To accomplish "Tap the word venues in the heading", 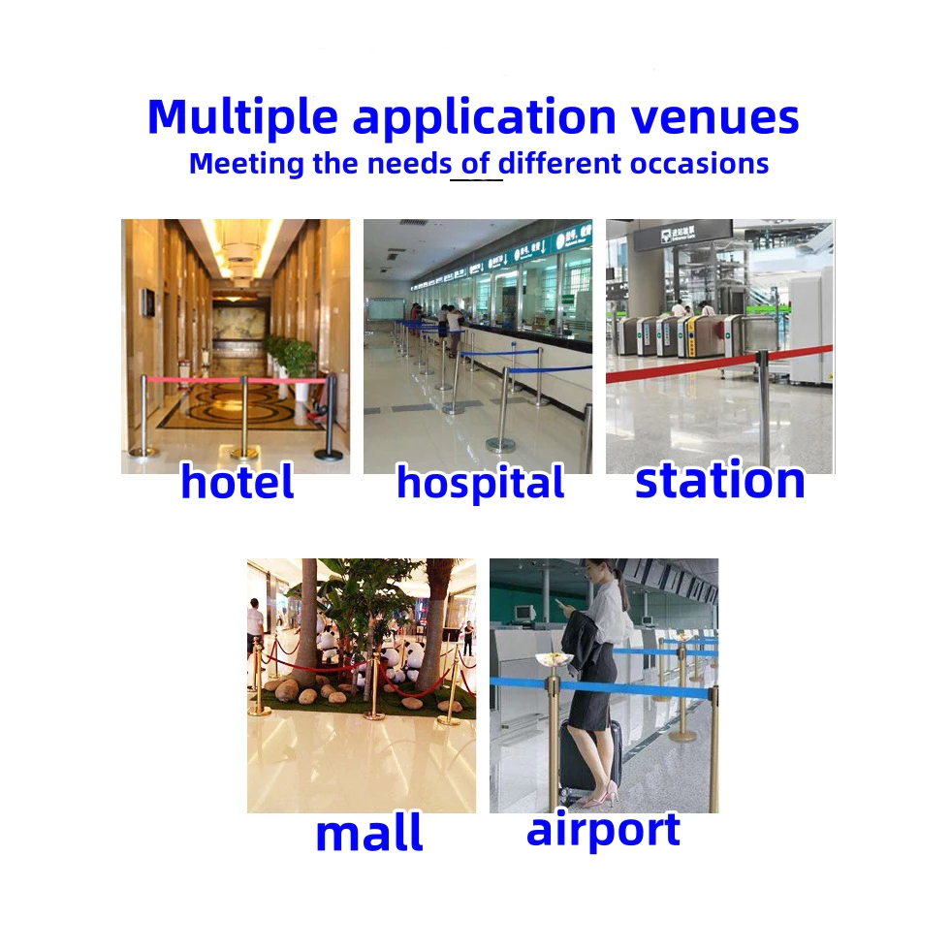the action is tap(715, 117).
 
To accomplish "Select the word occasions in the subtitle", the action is tap(699, 165).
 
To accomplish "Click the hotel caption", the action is tap(238, 481).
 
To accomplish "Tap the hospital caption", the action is tap(481, 483).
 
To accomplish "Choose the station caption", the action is tap(720, 480).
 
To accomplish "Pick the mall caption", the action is tap(368, 834).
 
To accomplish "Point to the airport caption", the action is tap(604, 830).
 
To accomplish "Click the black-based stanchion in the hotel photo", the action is tap(330, 419).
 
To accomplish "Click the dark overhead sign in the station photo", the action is tap(682, 235).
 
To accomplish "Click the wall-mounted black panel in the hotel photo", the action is tap(148, 302).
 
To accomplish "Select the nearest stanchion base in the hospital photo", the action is tap(501, 447).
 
